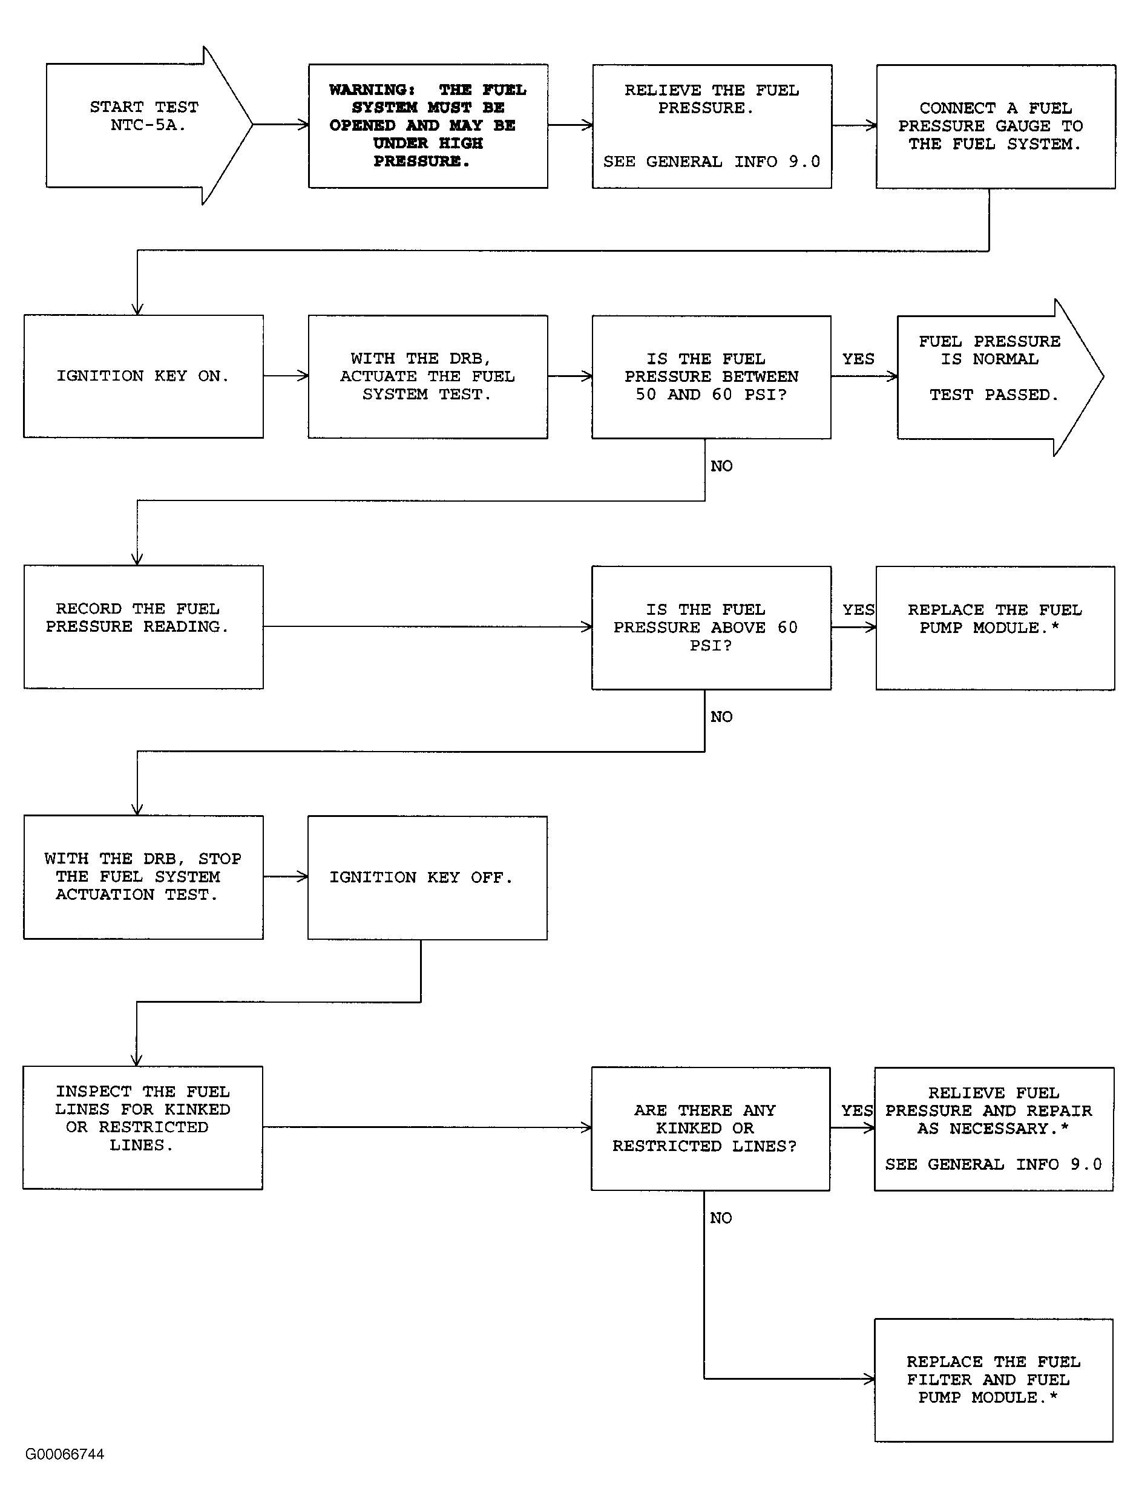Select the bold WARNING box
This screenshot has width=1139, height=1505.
(428, 126)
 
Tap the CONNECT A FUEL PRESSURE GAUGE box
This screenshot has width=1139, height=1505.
(996, 126)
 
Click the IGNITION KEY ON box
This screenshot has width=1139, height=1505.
(143, 376)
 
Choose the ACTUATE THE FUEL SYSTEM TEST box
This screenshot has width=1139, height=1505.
(428, 376)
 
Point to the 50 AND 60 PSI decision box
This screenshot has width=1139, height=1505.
(711, 377)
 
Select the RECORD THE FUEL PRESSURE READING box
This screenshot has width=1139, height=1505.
(143, 627)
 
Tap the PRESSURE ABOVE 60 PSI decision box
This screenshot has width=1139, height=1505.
(711, 628)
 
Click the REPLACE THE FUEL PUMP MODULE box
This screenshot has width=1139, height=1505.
(995, 628)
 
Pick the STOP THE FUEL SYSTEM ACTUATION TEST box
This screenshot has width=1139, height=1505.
(143, 877)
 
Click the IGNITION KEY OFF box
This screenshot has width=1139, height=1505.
(427, 877)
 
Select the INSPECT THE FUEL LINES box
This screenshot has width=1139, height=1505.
(143, 1127)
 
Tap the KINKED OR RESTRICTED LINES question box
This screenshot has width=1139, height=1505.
(711, 1129)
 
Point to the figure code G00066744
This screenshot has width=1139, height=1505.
(65, 1455)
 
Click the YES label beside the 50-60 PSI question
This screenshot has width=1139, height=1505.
(858, 359)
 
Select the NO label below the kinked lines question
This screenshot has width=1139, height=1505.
(721, 1218)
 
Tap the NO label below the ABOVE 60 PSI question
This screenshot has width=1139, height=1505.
(721, 716)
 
